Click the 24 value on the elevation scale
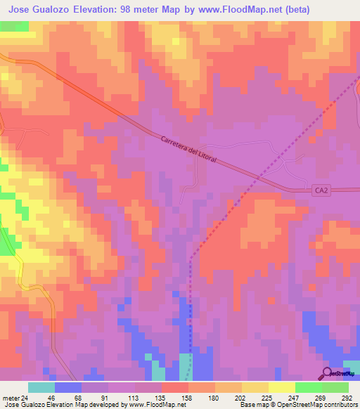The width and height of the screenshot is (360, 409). [26, 396]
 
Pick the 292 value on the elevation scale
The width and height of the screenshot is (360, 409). [347, 396]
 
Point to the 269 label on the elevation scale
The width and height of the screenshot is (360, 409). [320, 396]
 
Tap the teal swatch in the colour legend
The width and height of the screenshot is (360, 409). [41, 387]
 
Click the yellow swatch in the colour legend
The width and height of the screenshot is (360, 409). [255, 387]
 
